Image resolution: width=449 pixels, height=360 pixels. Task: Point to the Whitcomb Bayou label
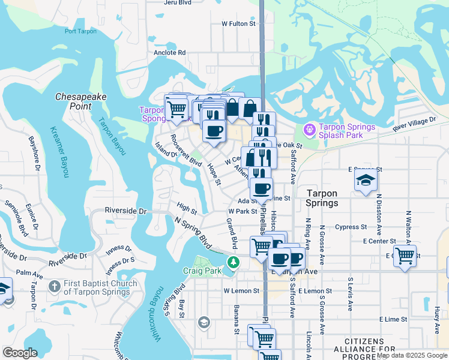pos(158,323)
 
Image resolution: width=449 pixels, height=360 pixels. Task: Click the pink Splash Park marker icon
pos(310,128)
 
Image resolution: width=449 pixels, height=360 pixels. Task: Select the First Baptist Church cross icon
pos(54,287)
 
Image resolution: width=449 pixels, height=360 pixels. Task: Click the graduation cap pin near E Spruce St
pos(366,180)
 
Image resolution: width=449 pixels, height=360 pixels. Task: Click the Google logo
pos(20,353)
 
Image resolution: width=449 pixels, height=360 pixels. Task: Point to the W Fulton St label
pos(239,24)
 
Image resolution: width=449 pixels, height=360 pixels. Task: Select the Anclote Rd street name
pos(169,52)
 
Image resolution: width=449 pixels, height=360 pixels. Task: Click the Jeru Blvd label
pos(181,2)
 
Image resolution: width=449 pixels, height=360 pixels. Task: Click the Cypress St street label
pos(352,227)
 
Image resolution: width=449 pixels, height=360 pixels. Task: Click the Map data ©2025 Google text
pos(411,355)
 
